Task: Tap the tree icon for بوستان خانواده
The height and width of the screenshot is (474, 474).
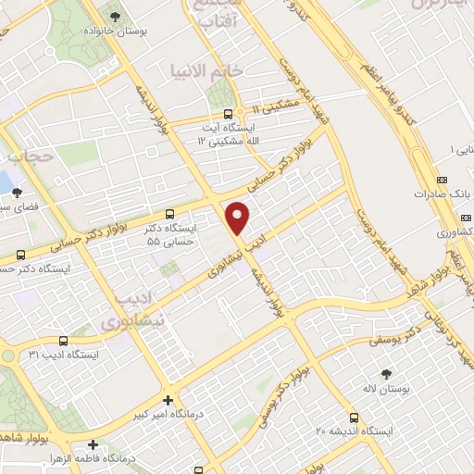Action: coord(114,17)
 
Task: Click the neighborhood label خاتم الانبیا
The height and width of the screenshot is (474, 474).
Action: coord(206,70)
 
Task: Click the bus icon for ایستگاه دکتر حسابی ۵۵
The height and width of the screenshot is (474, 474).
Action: coord(168,214)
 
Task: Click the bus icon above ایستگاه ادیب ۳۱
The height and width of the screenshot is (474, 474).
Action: coord(63,340)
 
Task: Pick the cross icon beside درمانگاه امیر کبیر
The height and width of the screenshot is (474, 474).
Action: coord(167,400)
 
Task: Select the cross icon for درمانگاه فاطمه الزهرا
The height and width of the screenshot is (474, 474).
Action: coord(94,444)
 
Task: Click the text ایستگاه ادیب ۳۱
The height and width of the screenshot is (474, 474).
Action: coord(63,355)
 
